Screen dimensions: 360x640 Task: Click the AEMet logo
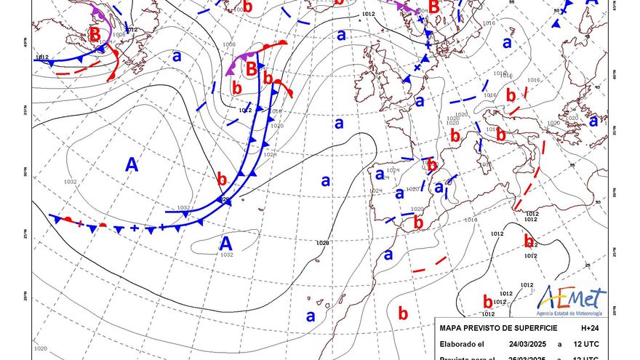(x=572, y=299)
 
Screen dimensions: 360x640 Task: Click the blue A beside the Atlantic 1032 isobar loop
(x=132, y=165)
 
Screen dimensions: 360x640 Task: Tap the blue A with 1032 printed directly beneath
(x=226, y=244)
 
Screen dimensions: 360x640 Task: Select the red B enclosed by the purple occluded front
(x=252, y=70)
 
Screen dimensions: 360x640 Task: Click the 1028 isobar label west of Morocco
(x=323, y=243)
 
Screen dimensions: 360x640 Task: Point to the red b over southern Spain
(x=418, y=223)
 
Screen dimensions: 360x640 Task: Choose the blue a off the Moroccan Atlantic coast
(x=388, y=255)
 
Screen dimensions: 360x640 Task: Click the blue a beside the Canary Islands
(x=311, y=316)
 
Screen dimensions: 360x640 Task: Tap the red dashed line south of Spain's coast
(x=429, y=265)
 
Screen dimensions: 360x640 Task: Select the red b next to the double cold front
(x=222, y=178)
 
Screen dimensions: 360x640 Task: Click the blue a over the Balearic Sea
(x=439, y=188)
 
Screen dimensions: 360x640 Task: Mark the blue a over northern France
(x=419, y=102)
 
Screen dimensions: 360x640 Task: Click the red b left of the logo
(x=487, y=300)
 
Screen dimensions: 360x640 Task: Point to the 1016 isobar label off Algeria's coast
(x=470, y=219)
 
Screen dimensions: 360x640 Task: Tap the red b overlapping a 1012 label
(x=529, y=241)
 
